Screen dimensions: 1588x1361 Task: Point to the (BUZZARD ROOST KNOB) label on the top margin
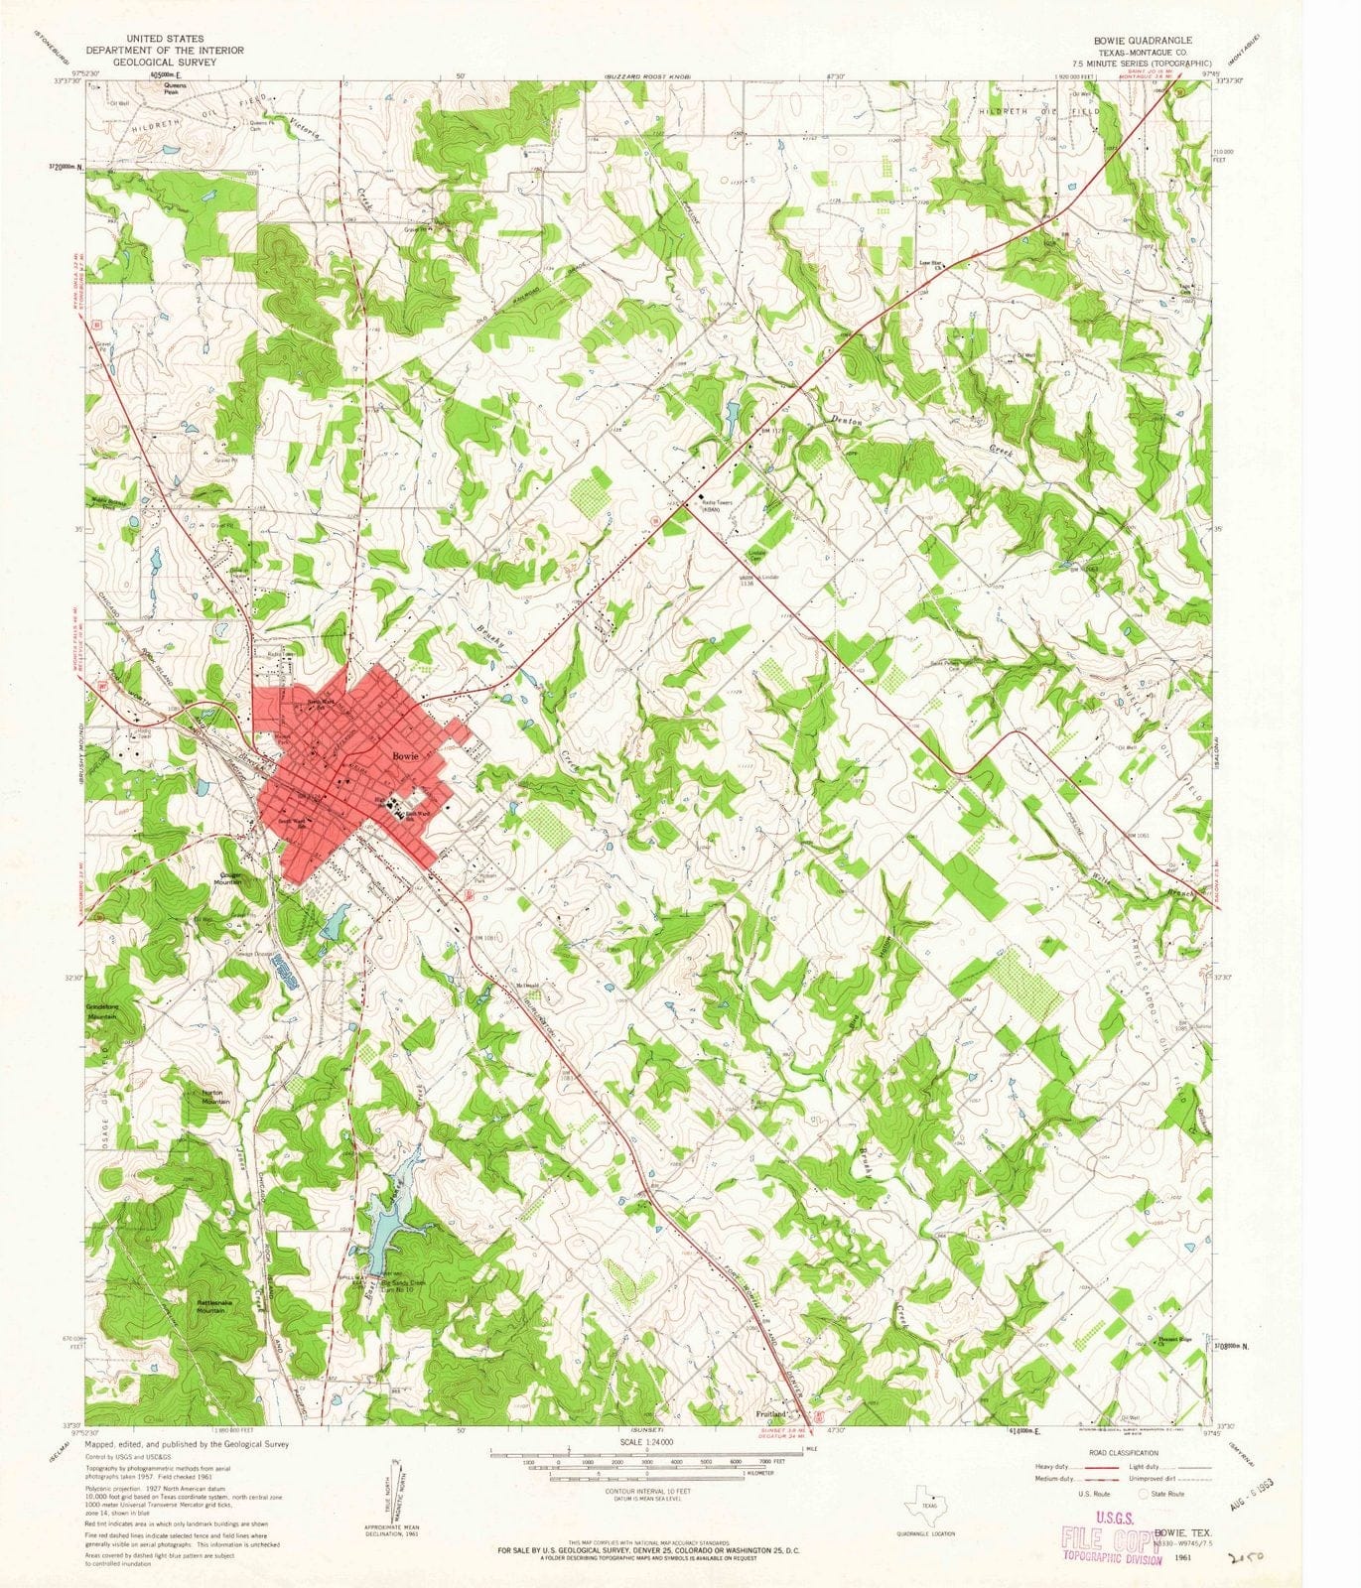tap(646, 76)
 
